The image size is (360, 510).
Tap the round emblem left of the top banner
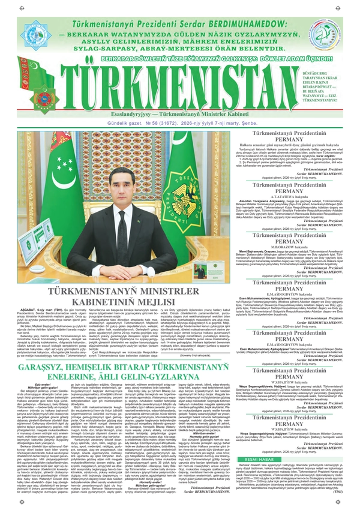[x=28, y=28]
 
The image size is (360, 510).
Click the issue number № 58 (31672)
[x=126, y=124]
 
